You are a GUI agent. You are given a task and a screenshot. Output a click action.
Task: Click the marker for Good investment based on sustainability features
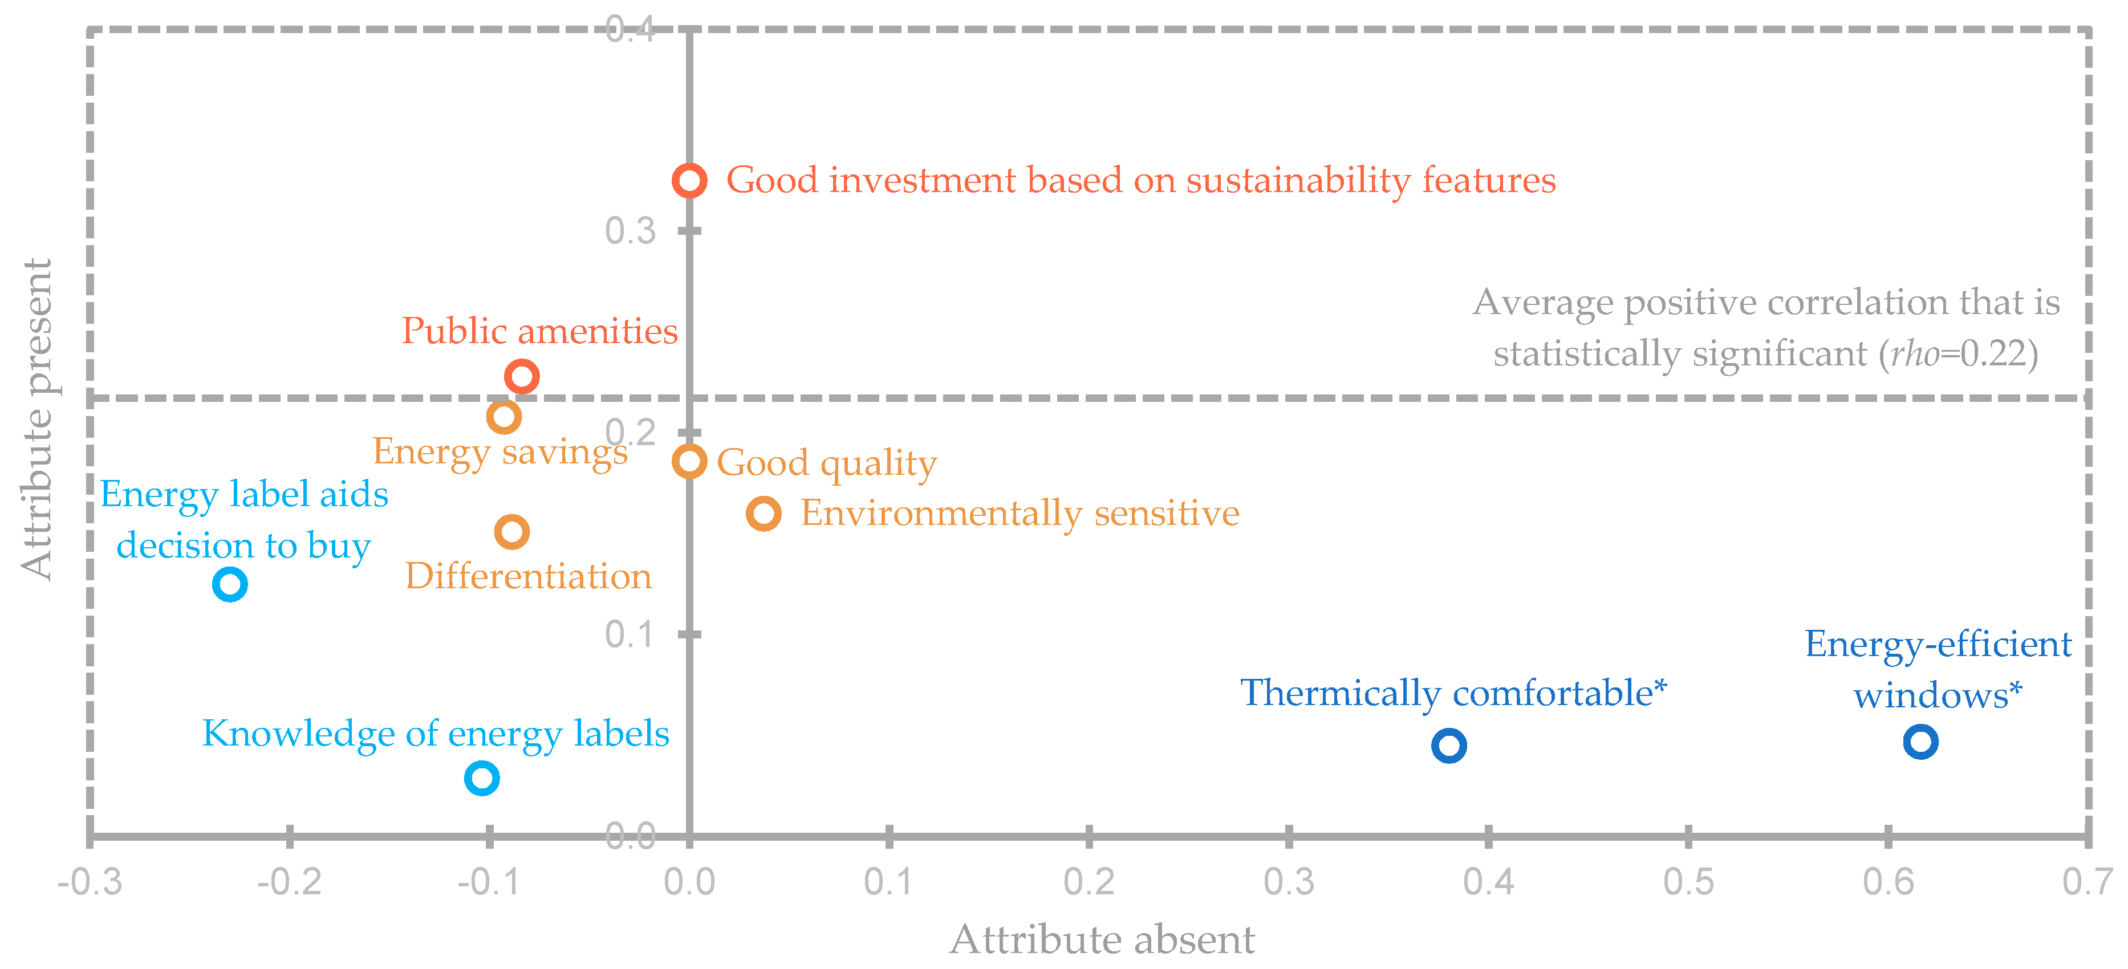(689, 180)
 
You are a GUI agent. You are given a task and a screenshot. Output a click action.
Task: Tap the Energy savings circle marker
(503, 416)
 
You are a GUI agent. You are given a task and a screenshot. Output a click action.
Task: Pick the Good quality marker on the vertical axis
(689, 461)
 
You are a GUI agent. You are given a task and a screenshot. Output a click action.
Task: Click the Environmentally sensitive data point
(764, 514)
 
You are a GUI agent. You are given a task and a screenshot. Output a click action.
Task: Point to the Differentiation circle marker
(511, 532)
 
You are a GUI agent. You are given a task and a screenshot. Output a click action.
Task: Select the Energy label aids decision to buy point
(230, 584)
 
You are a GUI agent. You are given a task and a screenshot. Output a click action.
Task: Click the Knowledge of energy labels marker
(482, 778)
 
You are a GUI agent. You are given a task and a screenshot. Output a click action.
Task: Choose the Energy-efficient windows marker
(1920, 742)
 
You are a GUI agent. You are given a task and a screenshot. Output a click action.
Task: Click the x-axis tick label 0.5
(1688, 882)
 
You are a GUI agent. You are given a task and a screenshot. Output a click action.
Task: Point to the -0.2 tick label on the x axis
(289, 882)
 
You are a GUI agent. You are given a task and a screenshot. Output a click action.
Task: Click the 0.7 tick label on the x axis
(2087, 882)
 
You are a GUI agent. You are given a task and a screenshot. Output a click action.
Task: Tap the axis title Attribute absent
(1102, 940)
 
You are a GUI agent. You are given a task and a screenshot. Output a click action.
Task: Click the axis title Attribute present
(37, 420)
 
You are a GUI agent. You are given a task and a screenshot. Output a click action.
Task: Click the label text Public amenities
(539, 331)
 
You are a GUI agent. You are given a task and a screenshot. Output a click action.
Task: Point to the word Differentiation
(529, 576)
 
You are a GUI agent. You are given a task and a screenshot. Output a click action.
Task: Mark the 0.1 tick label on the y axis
(630, 634)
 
